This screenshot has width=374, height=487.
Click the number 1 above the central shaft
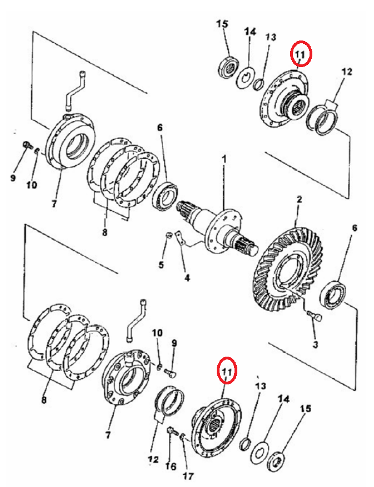point(224,160)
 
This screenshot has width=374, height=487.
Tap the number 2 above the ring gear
point(299,199)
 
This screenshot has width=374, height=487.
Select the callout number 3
point(315,344)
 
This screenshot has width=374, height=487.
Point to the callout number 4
point(187,278)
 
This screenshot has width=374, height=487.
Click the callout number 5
point(161,265)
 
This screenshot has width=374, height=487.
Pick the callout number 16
point(171,466)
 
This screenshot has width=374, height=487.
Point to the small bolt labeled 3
point(315,317)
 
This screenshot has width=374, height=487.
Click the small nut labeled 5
point(169,235)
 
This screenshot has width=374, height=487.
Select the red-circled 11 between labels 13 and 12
point(301,54)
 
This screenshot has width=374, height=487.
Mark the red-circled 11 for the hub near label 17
point(227,371)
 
